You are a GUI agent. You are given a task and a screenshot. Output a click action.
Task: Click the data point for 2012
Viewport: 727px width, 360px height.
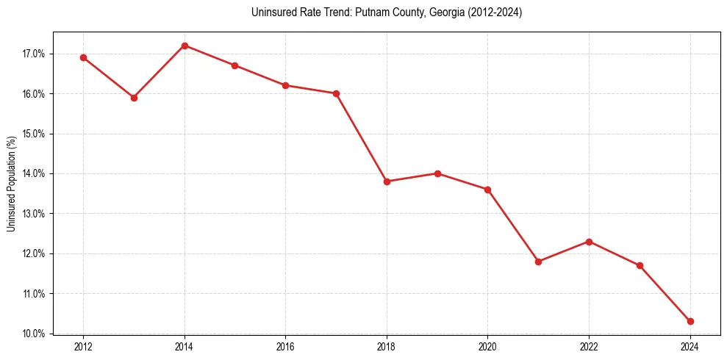[x=83, y=57]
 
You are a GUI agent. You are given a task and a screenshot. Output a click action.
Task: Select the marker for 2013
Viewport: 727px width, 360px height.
[x=134, y=98]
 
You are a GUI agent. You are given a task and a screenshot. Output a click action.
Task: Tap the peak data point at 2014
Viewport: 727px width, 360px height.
[x=185, y=46]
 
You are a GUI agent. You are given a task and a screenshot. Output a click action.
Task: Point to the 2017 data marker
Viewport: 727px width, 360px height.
[x=336, y=93]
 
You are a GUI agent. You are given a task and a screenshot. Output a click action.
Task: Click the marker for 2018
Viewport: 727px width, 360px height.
[x=387, y=181]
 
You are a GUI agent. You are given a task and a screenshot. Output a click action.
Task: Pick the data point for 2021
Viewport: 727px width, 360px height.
[x=538, y=262]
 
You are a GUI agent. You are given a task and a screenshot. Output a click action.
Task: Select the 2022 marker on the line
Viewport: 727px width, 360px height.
[x=589, y=242]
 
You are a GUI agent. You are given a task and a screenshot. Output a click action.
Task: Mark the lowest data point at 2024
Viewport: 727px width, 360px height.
[x=690, y=321]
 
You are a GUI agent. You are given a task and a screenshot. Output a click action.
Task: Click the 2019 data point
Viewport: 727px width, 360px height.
[x=437, y=173]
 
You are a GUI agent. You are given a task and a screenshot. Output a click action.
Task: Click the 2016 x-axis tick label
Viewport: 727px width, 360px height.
[x=285, y=346]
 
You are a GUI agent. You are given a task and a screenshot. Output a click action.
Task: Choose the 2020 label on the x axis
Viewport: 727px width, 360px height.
[x=487, y=346]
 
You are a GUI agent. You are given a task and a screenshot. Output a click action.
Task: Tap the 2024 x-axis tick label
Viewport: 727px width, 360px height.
[x=690, y=346]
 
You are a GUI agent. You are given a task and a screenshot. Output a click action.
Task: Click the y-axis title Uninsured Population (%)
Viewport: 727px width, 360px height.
[x=12, y=184]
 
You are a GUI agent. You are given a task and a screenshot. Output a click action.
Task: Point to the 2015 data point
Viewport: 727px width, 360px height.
[x=234, y=65]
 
